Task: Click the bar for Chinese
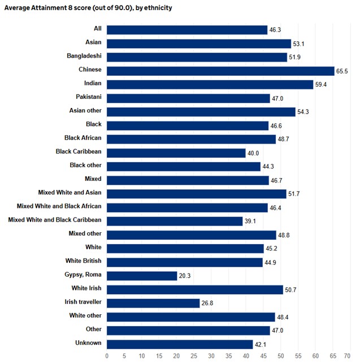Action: click(220, 71)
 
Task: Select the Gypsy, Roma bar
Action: click(142, 276)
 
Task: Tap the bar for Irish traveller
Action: click(153, 303)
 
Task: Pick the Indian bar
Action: click(210, 84)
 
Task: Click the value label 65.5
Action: click(342, 71)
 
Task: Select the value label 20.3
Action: click(185, 276)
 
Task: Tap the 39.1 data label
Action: click(250, 221)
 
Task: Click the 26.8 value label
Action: click(207, 303)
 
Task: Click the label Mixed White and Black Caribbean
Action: click(55, 220)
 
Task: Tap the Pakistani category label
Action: click(89, 97)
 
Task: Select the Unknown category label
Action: click(88, 343)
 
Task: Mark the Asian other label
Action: click(85, 110)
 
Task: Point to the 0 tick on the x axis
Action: click(107, 357)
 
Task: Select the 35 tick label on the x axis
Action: click(228, 357)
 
